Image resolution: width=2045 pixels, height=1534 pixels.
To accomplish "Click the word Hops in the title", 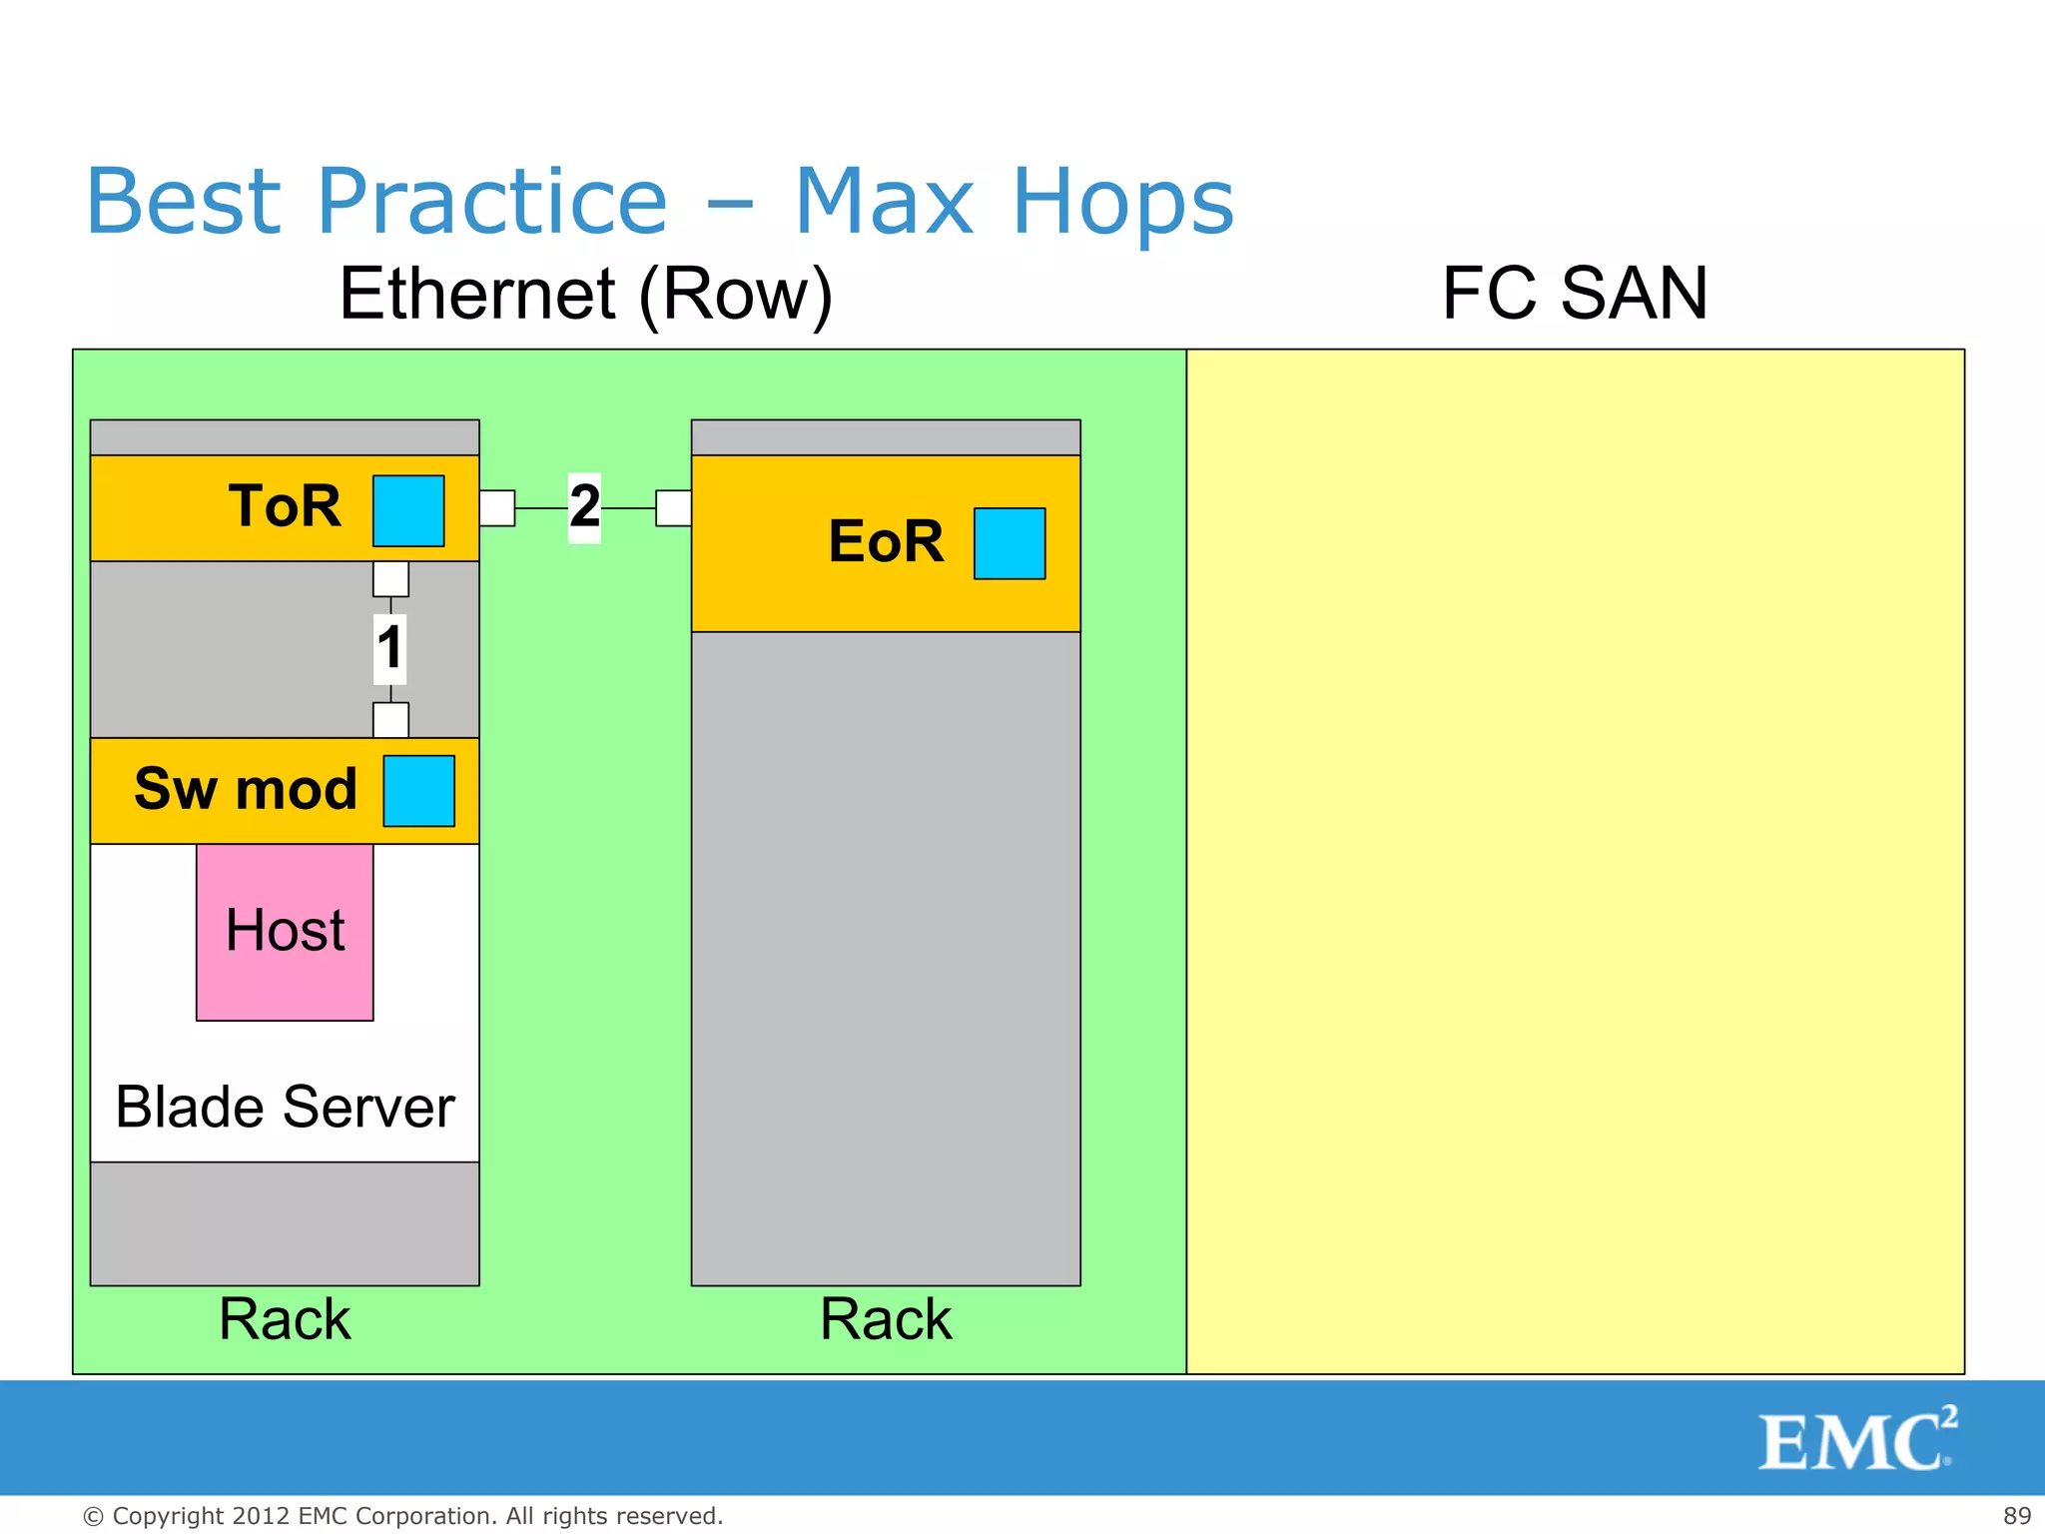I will click(1122, 203).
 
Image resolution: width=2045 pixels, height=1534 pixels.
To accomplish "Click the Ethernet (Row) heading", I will click(585, 294).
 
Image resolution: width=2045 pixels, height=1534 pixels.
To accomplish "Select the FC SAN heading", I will click(1574, 294).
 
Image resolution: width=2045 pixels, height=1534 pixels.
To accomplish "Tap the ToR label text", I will click(285, 505).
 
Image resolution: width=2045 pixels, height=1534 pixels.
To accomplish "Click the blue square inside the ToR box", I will click(408, 510).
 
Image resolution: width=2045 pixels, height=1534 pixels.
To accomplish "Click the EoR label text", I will click(886, 541).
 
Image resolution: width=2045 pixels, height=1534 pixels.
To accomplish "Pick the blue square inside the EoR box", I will click(1010, 543).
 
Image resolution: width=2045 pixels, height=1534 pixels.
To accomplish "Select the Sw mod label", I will click(246, 789).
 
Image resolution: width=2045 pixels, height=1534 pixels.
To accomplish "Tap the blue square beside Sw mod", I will click(419, 791).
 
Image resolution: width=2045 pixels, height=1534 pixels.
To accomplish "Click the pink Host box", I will click(285, 932).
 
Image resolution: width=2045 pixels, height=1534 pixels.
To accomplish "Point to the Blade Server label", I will click(285, 1107).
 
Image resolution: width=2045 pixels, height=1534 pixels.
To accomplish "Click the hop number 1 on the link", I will click(389, 648).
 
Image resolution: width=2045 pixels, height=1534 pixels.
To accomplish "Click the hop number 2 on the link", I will click(584, 506).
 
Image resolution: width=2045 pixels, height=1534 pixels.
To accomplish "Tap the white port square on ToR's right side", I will click(497, 507).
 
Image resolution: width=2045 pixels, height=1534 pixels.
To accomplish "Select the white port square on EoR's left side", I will click(673, 507).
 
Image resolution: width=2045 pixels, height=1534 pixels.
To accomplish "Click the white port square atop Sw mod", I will click(390, 720).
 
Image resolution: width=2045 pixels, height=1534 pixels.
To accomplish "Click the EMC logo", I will click(1856, 1440).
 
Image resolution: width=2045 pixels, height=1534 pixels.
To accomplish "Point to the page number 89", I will click(2016, 1515).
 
